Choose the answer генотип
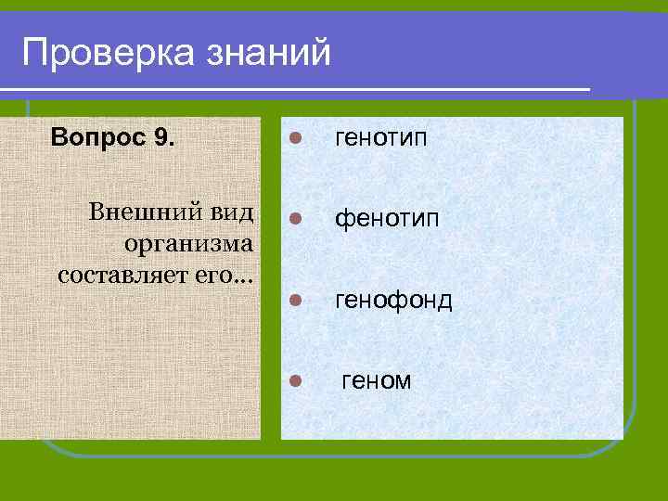tap(381, 138)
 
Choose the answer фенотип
tap(381, 219)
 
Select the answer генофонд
tap(393, 300)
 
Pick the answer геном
tap(377, 380)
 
